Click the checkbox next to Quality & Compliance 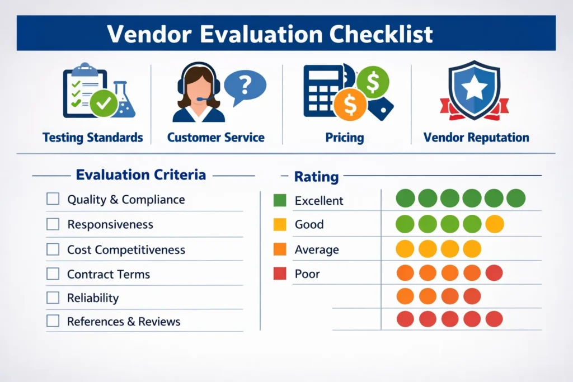[x=53, y=199]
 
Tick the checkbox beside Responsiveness [x=53, y=224]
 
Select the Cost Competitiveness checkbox [x=53, y=249]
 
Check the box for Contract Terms [x=53, y=273]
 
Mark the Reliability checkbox [x=53, y=298]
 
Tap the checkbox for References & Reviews [x=53, y=321]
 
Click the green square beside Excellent [x=280, y=200]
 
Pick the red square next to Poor [x=280, y=273]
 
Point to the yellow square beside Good [x=280, y=224]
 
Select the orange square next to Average [x=280, y=249]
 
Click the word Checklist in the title [x=381, y=34]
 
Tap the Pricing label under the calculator [x=345, y=138]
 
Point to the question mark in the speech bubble [x=245, y=85]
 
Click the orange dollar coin [x=350, y=105]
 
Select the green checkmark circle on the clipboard [x=104, y=103]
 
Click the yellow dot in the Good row [x=495, y=224]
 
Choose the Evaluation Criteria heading [x=140, y=175]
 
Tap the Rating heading [x=317, y=177]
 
